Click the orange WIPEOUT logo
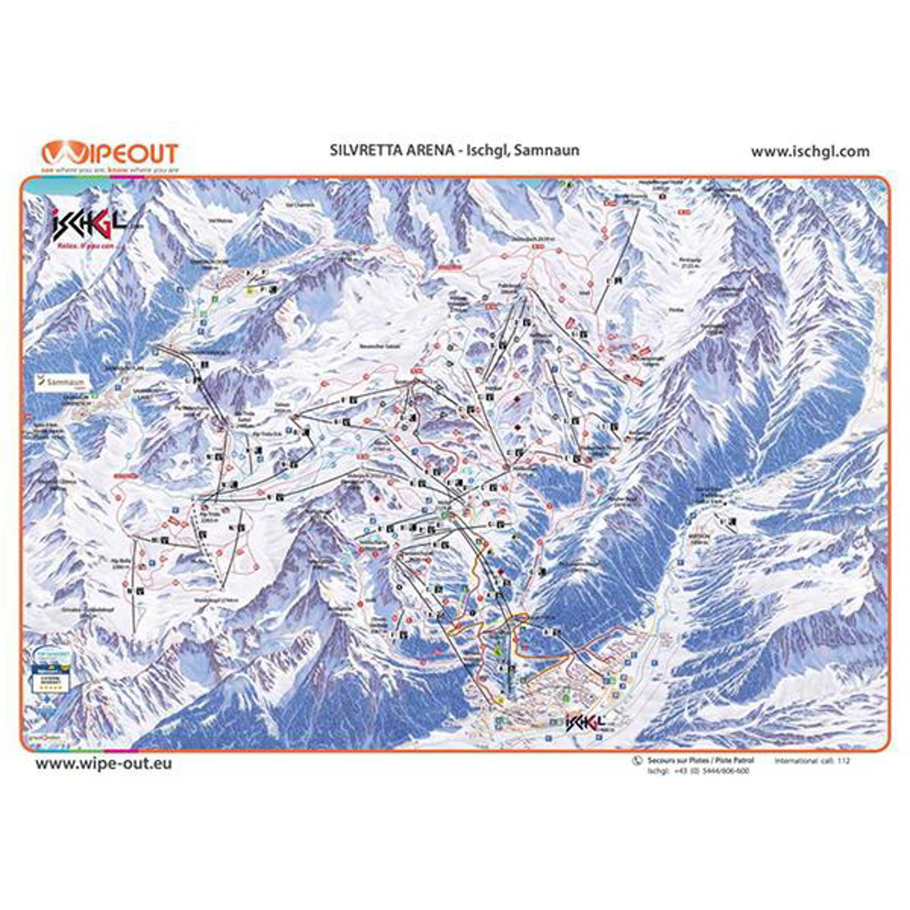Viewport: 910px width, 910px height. point(110,154)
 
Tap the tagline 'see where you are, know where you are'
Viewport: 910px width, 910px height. point(110,169)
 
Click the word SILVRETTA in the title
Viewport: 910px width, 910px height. point(364,150)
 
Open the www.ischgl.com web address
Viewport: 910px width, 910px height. point(810,151)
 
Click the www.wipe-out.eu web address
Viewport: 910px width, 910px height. point(104,763)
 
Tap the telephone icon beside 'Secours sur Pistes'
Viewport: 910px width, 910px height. point(637,760)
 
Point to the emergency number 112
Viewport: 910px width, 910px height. point(843,761)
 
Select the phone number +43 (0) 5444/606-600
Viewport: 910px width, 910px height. point(712,771)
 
